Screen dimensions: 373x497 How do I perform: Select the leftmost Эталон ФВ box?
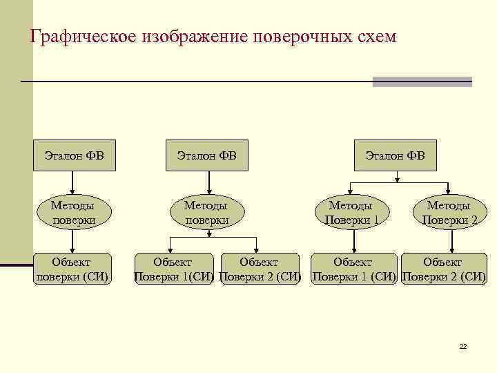pyautogui.click(x=74, y=155)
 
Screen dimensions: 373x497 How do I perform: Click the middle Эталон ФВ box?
pyautogui.click(x=207, y=155)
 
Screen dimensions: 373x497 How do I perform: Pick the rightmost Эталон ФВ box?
pyautogui.click(x=396, y=155)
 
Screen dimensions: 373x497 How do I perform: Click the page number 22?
pyautogui.click(x=463, y=346)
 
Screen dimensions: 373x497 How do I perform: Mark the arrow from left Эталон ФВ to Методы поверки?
pyautogui.click(x=73, y=182)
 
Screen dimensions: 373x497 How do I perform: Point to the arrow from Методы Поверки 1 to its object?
pyautogui.click(x=354, y=241)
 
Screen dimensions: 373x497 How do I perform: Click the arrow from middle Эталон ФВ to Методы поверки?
pyautogui.click(x=206, y=182)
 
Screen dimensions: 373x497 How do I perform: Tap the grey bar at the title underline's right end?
pyautogui.click(x=422, y=82)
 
